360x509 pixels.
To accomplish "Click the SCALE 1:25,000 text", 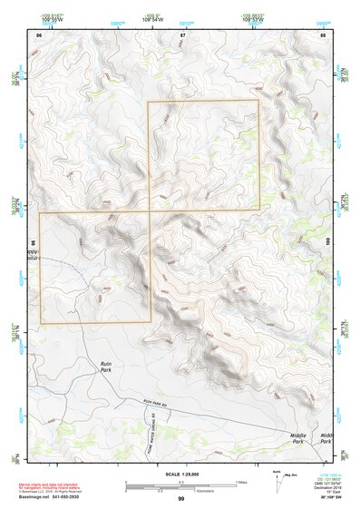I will coord(181,475).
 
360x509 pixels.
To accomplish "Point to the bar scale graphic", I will coord(181,485).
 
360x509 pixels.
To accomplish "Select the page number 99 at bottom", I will coord(181,498).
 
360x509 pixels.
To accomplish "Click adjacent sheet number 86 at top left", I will coord(39,34).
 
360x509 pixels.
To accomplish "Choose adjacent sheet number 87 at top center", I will coord(182,34).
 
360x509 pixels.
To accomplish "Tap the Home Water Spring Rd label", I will coord(141,422).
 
